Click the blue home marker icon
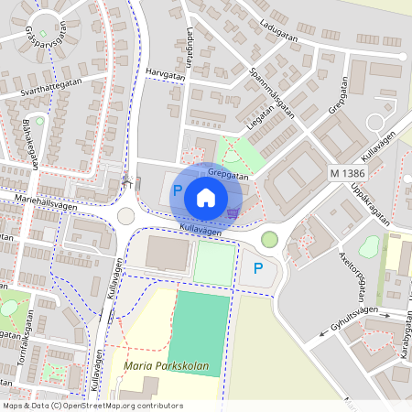click(x=206, y=197)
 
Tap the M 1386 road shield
click(x=348, y=172)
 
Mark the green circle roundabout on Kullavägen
click(x=268, y=239)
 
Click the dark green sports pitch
click(x=201, y=329)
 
